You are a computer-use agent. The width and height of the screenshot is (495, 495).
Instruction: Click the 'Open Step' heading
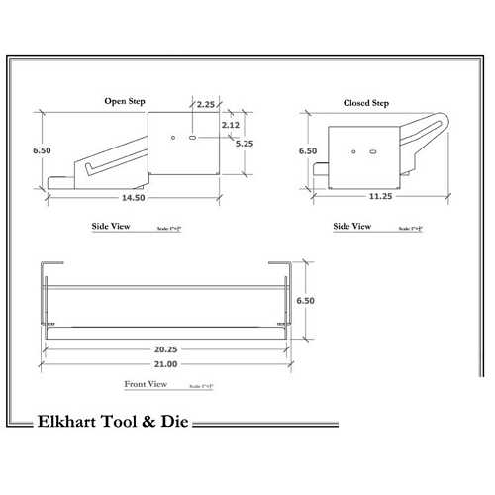point(127,101)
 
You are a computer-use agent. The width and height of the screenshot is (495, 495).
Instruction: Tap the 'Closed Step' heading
point(365,104)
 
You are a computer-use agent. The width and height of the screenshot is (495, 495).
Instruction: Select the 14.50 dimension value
point(134,198)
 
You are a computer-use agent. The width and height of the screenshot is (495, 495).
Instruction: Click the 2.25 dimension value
point(206,104)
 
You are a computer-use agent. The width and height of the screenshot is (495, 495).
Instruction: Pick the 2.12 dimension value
point(231,125)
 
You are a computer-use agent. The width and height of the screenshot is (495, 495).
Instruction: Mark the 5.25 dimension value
point(244,143)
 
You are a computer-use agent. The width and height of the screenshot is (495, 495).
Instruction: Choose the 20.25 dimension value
point(166,349)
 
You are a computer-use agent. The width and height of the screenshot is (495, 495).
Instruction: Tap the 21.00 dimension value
point(166,364)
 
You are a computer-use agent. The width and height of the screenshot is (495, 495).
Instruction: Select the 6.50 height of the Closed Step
point(308,151)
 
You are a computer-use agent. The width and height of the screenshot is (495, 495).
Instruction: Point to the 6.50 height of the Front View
point(306,301)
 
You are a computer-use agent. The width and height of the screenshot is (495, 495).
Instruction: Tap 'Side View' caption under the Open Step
point(111,227)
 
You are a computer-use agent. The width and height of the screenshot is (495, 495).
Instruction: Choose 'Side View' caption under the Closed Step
point(352,227)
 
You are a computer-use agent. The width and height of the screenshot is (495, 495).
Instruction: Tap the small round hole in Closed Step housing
point(354,152)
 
